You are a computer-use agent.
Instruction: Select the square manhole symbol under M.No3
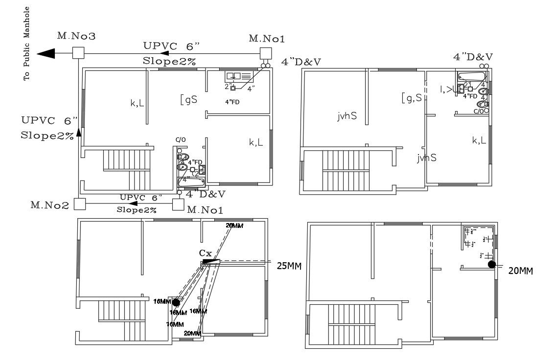77,53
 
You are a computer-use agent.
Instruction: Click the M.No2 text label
49,205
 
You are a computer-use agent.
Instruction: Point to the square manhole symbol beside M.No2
80,203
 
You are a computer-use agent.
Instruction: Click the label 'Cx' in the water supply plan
205,253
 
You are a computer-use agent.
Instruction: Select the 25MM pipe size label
289,266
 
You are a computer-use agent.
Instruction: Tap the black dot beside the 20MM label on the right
492,265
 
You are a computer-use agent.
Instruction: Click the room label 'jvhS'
347,116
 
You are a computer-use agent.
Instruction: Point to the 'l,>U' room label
449,89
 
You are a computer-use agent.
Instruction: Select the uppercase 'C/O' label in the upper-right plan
479,111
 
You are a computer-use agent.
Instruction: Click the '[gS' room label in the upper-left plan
189,100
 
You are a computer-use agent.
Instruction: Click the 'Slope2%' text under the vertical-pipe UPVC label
46,135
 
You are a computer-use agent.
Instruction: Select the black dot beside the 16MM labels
176,303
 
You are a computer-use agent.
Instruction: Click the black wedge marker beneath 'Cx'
208,262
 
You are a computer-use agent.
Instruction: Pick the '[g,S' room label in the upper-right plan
412,97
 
